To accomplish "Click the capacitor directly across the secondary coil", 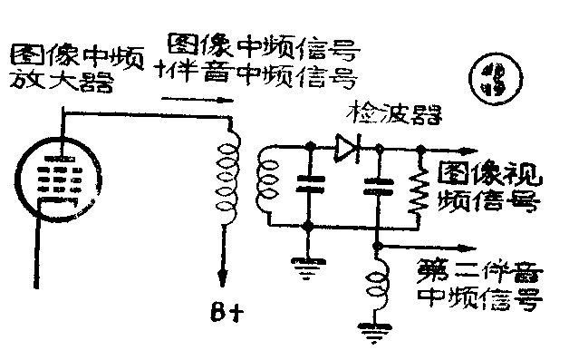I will click(x=309, y=186).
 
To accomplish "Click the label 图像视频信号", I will click(x=489, y=185).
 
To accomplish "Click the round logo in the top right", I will click(x=493, y=79).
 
